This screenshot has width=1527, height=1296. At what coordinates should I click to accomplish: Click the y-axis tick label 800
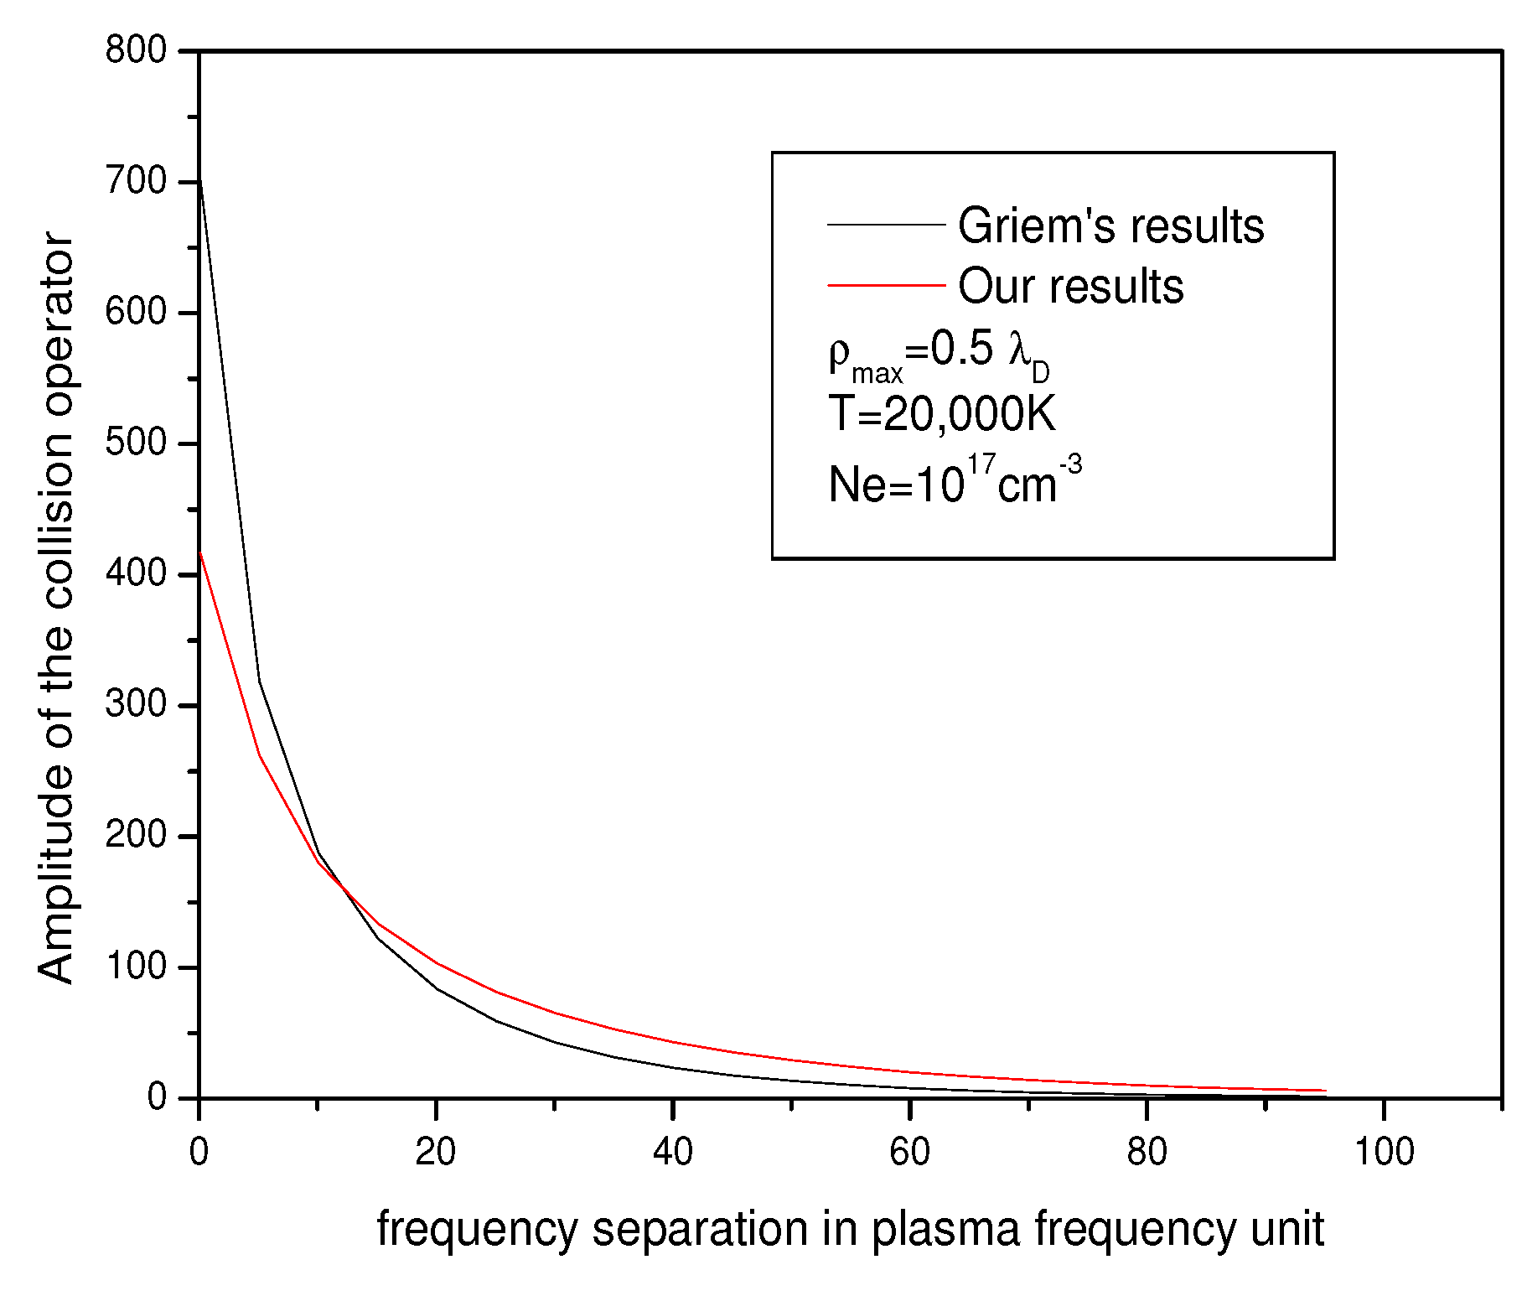pos(137,50)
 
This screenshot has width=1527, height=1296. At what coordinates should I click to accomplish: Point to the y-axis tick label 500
pos(137,443)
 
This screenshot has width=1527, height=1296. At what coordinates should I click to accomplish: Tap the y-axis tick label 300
pos(137,704)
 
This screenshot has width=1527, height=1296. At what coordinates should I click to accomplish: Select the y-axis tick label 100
pos(137,966)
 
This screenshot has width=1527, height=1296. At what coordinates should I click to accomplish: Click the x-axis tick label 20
pos(436,1152)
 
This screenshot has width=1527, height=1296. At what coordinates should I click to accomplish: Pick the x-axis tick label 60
pos(909,1152)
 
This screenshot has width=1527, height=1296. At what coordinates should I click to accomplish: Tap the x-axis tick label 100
pos(1384,1152)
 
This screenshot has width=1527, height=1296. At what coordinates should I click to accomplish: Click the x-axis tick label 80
pos(1147,1152)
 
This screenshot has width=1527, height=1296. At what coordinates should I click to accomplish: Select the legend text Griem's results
pos(1110,226)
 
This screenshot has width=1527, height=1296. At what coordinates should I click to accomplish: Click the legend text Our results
pos(1070,287)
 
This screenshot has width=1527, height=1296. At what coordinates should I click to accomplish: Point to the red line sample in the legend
pos(886,286)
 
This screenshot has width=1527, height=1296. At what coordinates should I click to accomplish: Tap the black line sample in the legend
pos(886,225)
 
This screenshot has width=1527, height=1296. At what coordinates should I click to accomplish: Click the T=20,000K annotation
pos(941,413)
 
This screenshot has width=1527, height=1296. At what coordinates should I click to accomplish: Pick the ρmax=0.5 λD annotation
pos(938,352)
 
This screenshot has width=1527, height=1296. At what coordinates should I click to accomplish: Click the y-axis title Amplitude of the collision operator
pos(56,607)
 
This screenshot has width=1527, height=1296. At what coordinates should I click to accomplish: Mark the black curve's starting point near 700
pos(199,179)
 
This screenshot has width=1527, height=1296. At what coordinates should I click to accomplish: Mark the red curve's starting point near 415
pos(199,552)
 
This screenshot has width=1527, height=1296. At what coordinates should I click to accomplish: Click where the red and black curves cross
pos(341,889)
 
